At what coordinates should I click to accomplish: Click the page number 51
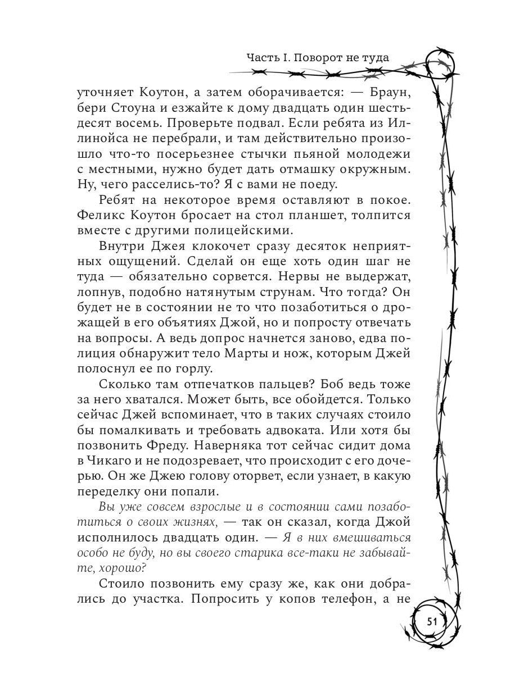click(x=433, y=621)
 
